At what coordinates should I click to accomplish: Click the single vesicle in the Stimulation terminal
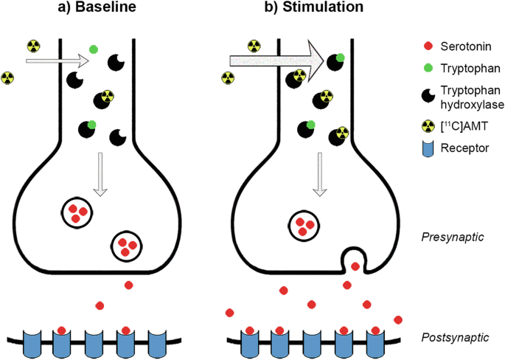[302, 225]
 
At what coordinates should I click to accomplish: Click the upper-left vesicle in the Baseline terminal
[77, 214]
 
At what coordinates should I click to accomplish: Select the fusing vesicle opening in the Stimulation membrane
[355, 260]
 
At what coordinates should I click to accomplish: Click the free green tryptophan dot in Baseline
[94, 49]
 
